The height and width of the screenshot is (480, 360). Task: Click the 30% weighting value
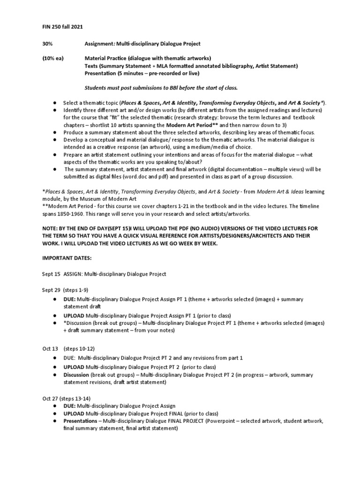click(x=44, y=44)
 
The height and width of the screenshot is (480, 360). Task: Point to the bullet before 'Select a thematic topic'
click(x=55, y=102)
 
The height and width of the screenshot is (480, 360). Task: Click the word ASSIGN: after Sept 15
click(x=74, y=274)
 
